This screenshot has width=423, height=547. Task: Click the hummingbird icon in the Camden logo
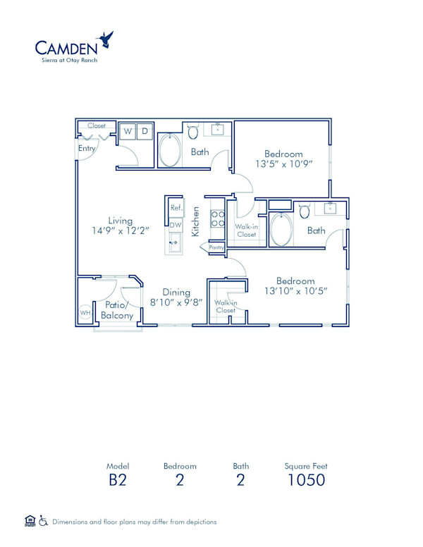point(106,39)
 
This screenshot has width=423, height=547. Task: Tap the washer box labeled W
point(128,131)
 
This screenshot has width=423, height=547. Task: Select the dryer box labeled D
point(144,131)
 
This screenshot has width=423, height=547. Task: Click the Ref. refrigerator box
point(176,209)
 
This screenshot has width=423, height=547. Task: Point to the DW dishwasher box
point(176,224)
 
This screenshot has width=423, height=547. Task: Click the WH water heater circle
point(85,313)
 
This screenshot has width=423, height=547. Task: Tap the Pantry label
point(216,247)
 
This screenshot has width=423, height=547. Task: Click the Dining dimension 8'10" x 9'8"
point(177,302)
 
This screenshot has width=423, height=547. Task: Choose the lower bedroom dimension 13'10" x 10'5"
point(295,290)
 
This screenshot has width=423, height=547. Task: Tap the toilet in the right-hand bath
point(305,211)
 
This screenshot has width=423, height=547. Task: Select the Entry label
point(87,149)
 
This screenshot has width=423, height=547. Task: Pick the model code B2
point(118,481)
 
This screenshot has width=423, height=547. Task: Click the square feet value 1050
point(306,481)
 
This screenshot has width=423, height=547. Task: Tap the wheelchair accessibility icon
point(44,521)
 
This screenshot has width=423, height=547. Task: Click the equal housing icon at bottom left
point(30,521)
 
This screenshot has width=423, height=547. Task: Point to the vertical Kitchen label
point(197,220)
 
